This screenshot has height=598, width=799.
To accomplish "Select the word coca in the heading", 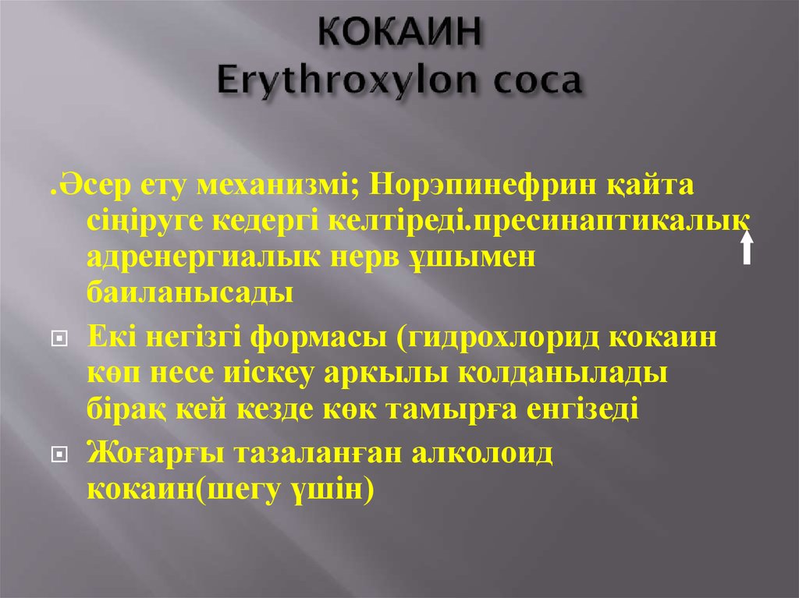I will (x=533, y=82).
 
